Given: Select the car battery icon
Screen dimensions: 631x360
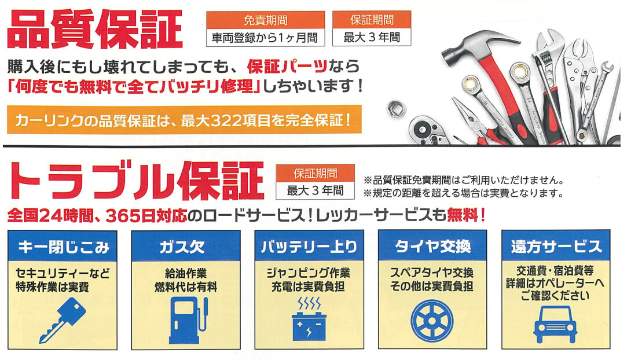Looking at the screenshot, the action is click(x=309, y=320).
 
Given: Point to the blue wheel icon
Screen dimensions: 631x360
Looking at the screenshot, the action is click(x=432, y=321).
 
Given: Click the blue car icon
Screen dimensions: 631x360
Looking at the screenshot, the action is click(x=555, y=324).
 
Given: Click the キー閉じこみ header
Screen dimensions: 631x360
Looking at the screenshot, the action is click(x=63, y=246).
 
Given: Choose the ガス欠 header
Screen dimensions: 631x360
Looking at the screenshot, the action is click(x=186, y=246).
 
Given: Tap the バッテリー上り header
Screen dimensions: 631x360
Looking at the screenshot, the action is click(x=309, y=246).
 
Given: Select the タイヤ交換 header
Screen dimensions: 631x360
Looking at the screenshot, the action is click(x=432, y=246).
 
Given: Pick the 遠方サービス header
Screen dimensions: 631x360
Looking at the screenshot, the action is click(x=556, y=246).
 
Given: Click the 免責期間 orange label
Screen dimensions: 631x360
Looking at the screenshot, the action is click(x=266, y=20).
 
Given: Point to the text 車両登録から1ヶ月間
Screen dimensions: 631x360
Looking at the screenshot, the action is click(x=265, y=38).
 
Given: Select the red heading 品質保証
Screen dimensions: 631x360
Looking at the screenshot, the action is click(x=95, y=29).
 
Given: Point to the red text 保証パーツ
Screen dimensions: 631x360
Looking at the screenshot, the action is click(x=287, y=67).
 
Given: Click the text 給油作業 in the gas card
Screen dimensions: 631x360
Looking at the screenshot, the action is click(x=185, y=274).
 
